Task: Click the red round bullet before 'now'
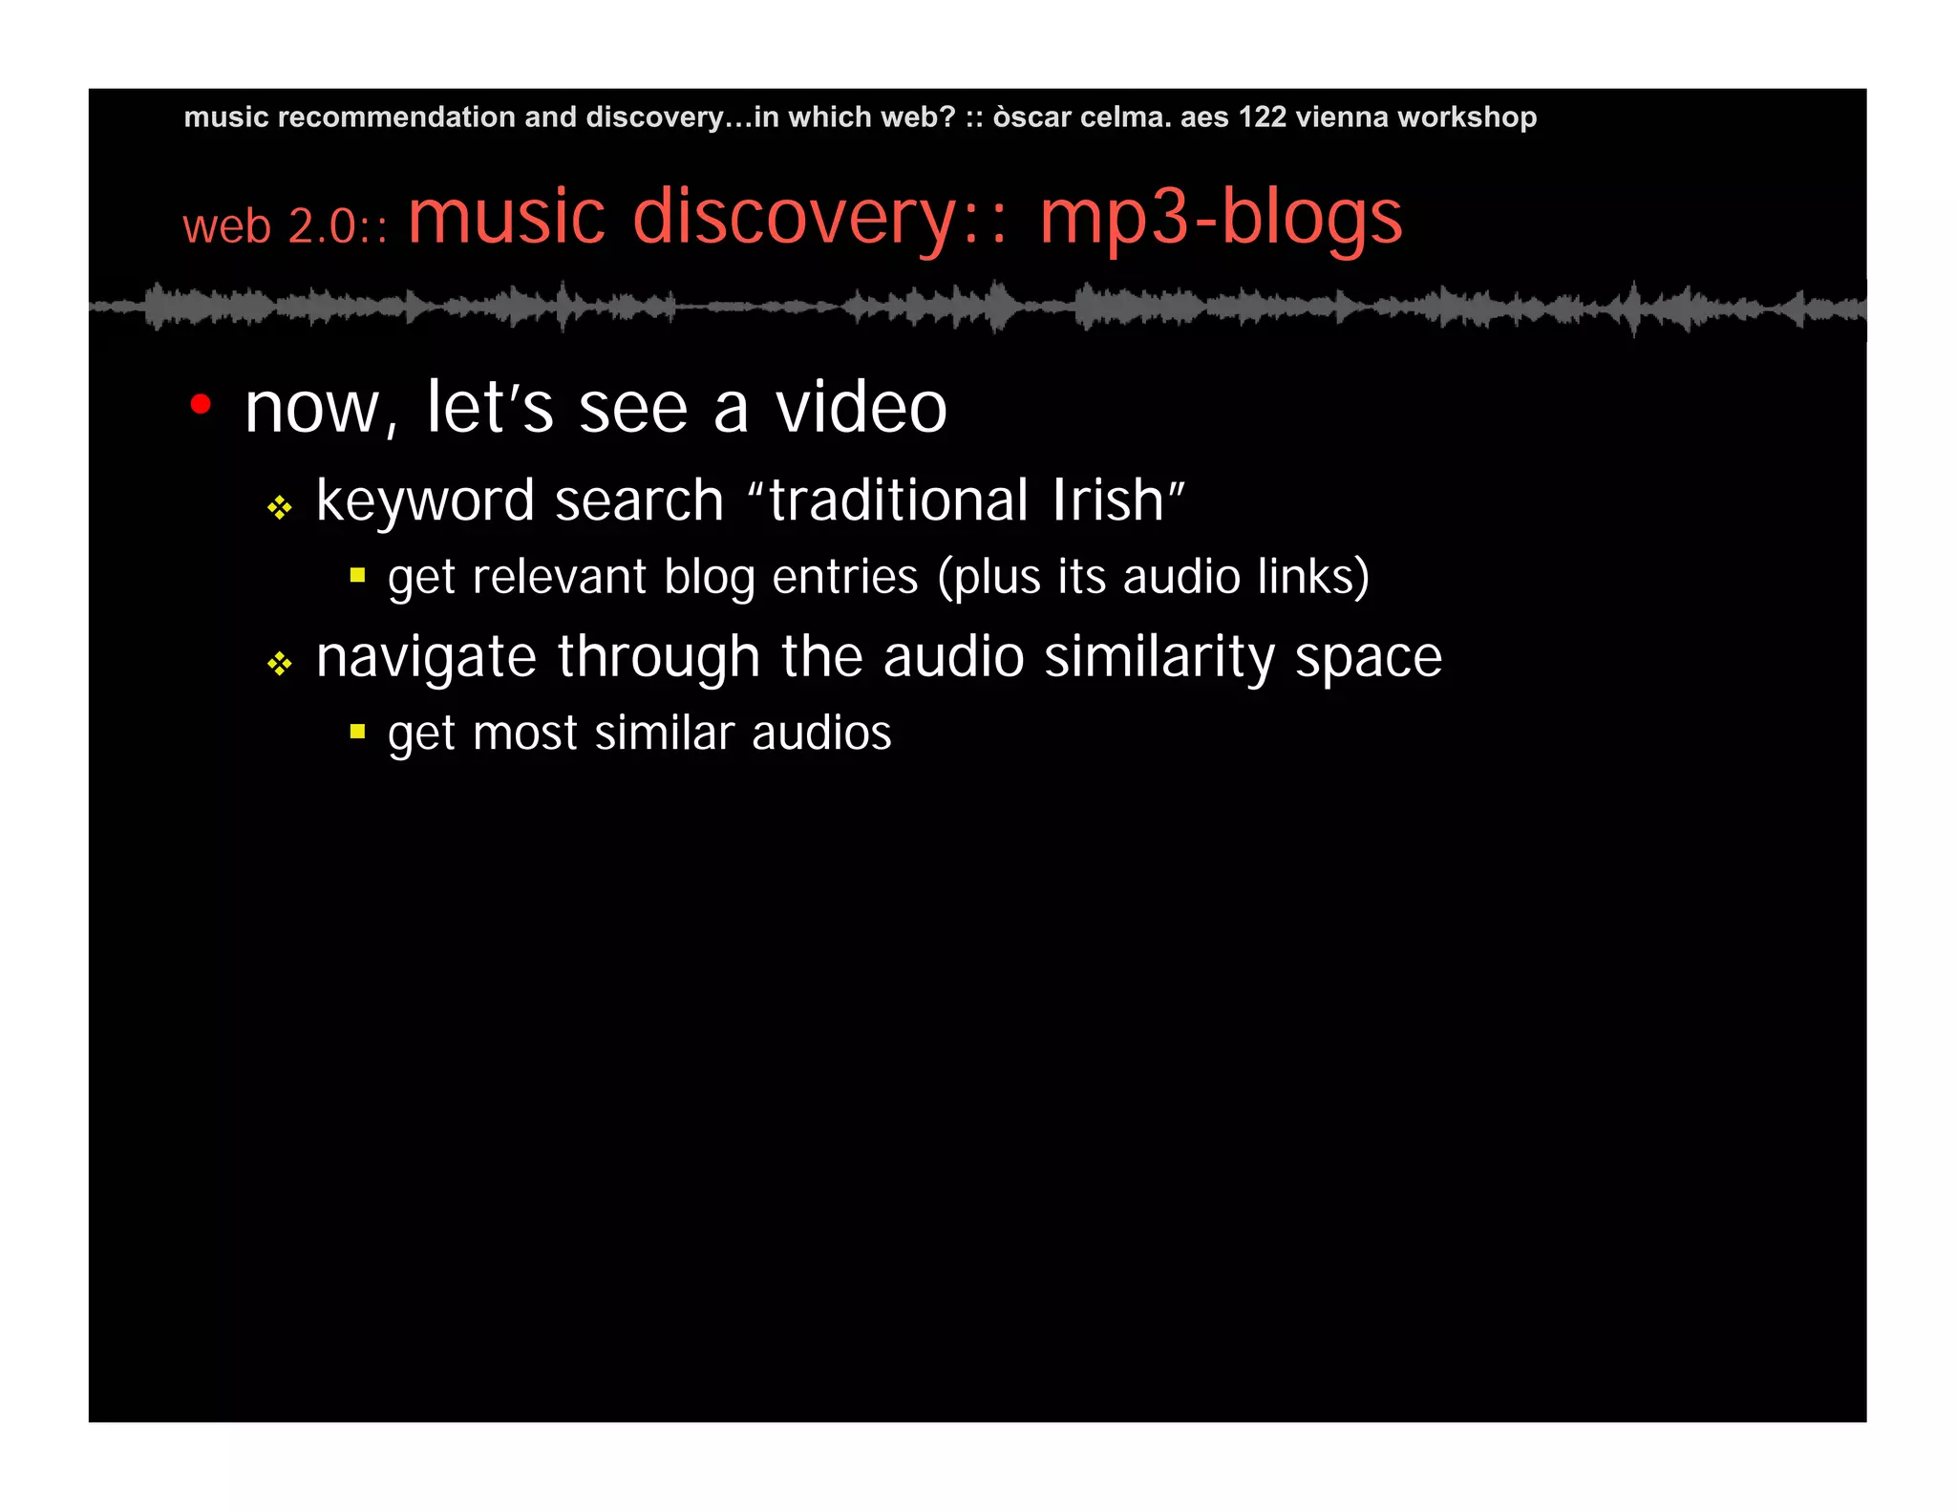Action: pyautogui.click(x=201, y=405)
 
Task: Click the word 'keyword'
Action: pyautogui.click(x=424, y=501)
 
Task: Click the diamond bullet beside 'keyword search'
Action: pyautogui.click(x=279, y=507)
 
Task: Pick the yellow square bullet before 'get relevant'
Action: pyautogui.click(x=358, y=575)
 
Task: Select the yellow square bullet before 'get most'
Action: pyautogui.click(x=358, y=732)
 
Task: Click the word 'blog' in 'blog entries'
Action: pyautogui.click(x=709, y=578)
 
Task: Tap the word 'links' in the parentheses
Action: pyautogui.click(x=1306, y=576)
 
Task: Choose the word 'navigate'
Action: pyautogui.click(x=426, y=658)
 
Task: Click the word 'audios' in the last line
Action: pyautogui.click(x=820, y=733)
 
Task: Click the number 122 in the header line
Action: pyautogui.click(x=1262, y=117)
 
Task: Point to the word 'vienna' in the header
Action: pyautogui.click(x=1342, y=117)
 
